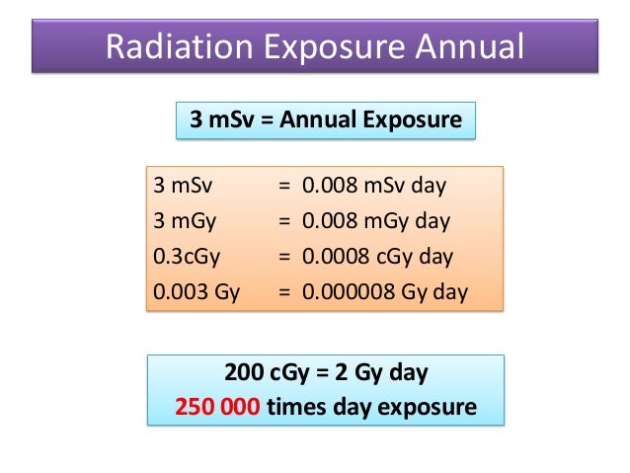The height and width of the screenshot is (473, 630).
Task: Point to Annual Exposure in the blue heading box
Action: pos(370,120)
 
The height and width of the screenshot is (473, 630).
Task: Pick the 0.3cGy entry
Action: pos(187,257)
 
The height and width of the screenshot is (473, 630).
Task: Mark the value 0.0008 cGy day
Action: pos(377,257)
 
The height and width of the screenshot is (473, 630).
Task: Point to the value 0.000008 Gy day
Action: pos(385,293)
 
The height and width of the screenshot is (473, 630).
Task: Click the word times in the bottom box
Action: pos(296,407)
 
